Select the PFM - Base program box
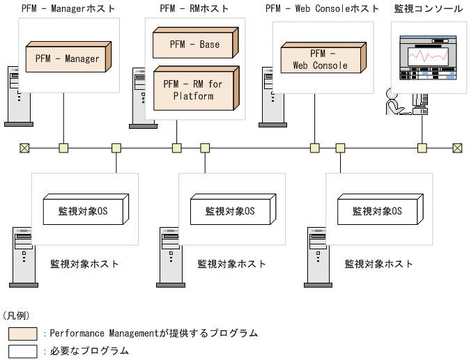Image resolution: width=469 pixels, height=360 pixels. tap(194, 45)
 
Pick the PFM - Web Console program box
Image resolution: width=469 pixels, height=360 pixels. tap(323, 59)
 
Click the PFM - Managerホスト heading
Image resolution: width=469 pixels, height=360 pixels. tap(68, 8)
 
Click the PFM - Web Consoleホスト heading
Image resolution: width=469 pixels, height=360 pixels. tap(322, 8)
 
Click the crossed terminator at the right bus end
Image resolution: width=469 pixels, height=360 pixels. tap(457, 148)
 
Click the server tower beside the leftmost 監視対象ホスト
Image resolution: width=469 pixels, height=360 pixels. tap(22, 257)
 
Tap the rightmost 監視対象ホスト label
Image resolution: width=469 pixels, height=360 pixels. tap(379, 264)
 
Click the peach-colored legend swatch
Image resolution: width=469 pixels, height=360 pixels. tap(23, 334)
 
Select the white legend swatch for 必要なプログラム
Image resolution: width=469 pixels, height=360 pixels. tap(23, 351)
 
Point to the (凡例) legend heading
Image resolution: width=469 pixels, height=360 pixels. tap(17, 315)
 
